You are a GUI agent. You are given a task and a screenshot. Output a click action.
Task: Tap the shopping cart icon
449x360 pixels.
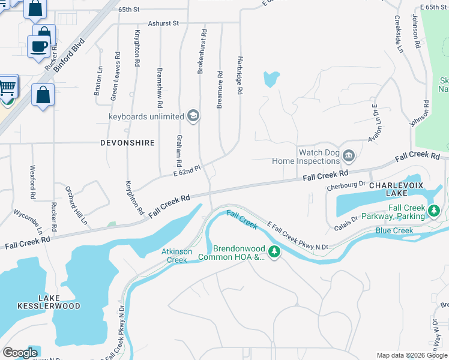7,88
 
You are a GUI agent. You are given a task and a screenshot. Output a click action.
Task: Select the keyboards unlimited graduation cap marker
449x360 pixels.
193,116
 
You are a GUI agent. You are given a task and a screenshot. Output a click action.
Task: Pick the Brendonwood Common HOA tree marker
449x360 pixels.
274,251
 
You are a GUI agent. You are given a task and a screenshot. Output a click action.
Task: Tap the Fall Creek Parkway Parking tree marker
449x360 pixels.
434,211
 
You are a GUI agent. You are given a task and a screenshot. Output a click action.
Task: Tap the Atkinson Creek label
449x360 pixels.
177,256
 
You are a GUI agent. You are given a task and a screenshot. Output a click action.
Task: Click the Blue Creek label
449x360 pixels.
394,230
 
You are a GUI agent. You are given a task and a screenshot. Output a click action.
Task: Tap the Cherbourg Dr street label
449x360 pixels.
346,185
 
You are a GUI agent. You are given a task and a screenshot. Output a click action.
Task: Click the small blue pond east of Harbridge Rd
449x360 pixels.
271,79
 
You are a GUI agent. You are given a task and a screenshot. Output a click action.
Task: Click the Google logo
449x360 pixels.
20,352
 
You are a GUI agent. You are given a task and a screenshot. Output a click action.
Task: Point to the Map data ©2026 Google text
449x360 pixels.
412,355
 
